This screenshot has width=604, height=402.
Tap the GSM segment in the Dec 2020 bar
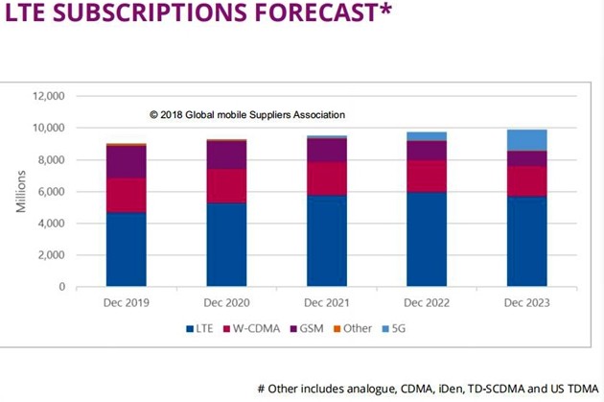pos(226,154)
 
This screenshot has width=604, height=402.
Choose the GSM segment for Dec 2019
pos(127,161)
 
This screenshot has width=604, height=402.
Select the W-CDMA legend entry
pos(253,328)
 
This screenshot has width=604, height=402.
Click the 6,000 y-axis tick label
pos(50,192)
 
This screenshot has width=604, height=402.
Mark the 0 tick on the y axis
pos(61,287)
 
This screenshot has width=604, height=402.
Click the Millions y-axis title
pos(20,191)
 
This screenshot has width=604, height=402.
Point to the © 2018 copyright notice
pos(247,115)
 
